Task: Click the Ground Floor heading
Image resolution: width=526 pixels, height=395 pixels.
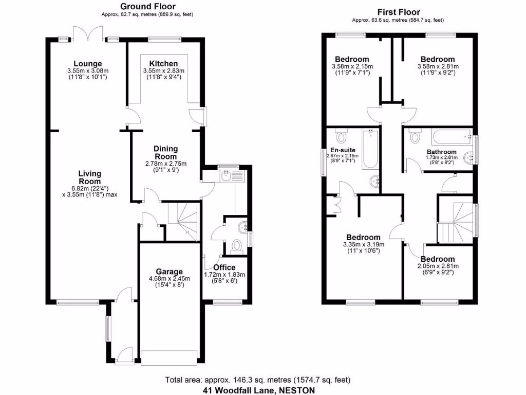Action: click(x=147, y=6)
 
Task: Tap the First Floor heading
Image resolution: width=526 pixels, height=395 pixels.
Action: click(x=399, y=12)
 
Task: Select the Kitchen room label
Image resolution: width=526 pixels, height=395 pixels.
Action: click(x=163, y=63)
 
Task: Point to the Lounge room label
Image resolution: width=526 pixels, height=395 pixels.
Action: click(x=87, y=63)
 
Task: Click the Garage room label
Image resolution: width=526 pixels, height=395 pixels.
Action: click(x=169, y=272)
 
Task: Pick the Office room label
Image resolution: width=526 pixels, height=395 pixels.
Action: click(x=224, y=267)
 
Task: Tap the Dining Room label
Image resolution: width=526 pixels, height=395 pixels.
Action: click(x=165, y=152)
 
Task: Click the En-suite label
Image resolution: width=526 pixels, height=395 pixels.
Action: click(x=343, y=150)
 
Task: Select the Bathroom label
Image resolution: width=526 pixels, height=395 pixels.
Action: click(x=441, y=152)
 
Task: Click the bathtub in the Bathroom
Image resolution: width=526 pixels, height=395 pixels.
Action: click(x=452, y=137)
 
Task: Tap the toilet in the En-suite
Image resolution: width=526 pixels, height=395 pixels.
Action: click(x=342, y=136)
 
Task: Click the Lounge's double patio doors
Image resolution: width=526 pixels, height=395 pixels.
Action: click(x=88, y=33)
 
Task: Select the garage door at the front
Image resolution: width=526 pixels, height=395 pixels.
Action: click(x=169, y=358)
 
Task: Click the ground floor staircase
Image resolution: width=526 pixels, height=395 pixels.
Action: click(x=183, y=222)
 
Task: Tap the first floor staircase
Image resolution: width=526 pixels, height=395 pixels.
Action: click(x=455, y=223)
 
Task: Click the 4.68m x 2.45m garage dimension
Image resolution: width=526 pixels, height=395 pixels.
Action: click(x=170, y=279)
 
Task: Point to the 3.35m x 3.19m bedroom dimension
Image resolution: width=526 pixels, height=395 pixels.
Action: click(x=364, y=244)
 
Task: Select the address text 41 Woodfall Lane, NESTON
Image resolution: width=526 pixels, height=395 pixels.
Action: click(x=259, y=390)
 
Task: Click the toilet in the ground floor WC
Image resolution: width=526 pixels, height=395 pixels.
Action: click(x=237, y=246)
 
